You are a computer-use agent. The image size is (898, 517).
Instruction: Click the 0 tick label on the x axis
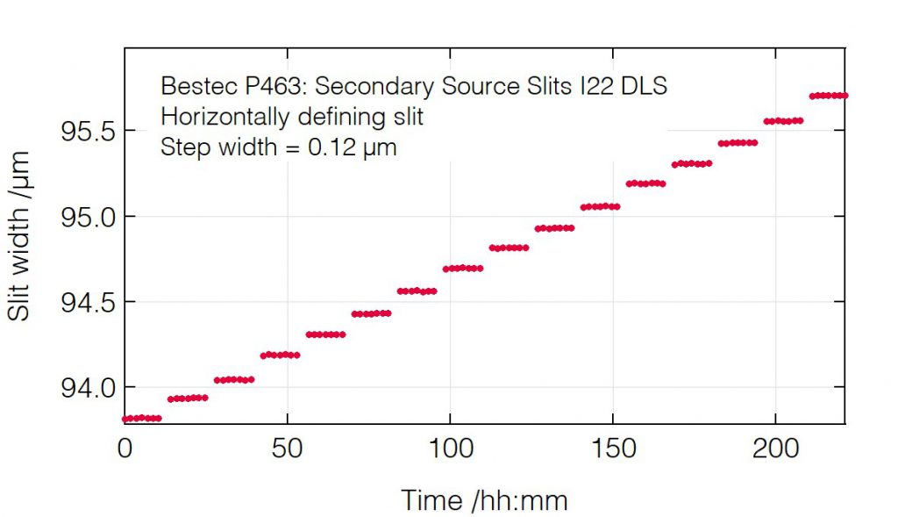(125, 449)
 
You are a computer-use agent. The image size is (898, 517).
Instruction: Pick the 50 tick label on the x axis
(287, 449)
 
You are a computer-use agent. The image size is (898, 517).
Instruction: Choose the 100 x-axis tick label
(449, 449)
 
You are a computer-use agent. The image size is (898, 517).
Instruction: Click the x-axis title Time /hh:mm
(484, 500)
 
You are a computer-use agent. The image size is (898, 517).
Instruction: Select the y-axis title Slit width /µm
(19, 235)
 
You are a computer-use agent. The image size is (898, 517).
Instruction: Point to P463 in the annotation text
(253, 86)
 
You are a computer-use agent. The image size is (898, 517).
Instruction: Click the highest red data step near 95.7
(828, 95)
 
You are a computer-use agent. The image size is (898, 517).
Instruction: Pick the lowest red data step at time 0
(142, 418)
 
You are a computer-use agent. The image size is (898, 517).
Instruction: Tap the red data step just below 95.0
(554, 228)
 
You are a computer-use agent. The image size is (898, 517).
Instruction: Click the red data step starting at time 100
(463, 269)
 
